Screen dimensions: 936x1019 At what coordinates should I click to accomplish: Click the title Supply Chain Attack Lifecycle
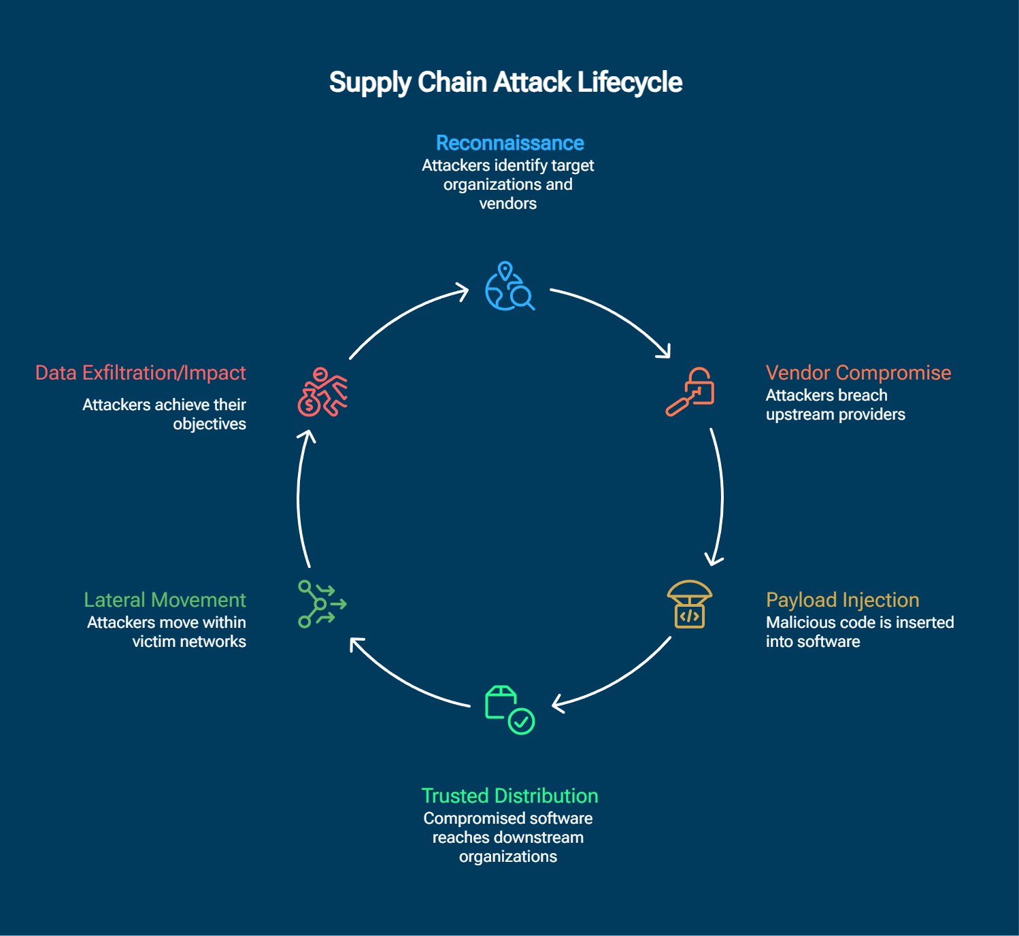[505, 82]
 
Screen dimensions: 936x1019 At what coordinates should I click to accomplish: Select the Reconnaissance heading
[510, 143]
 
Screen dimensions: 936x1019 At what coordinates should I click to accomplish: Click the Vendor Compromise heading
[858, 373]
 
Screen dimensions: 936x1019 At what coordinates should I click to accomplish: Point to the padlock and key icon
[690, 391]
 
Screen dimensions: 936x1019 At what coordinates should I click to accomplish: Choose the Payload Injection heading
[842, 600]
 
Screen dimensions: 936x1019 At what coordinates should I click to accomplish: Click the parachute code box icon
[689, 604]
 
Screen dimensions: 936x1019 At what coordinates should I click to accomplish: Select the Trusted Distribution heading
[510, 796]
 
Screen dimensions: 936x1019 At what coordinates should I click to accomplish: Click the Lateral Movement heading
[165, 600]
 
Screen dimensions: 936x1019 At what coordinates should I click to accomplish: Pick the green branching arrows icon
[322, 604]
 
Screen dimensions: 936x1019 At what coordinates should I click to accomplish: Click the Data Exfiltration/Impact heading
[141, 373]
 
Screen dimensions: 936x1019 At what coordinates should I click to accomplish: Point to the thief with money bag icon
[322, 392]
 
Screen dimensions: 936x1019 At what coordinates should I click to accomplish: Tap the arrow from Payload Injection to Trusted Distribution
[619, 680]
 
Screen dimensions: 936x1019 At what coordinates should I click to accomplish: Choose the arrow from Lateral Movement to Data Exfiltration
[299, 497]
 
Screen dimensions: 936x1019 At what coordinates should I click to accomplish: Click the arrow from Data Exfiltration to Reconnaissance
[405, 315]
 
